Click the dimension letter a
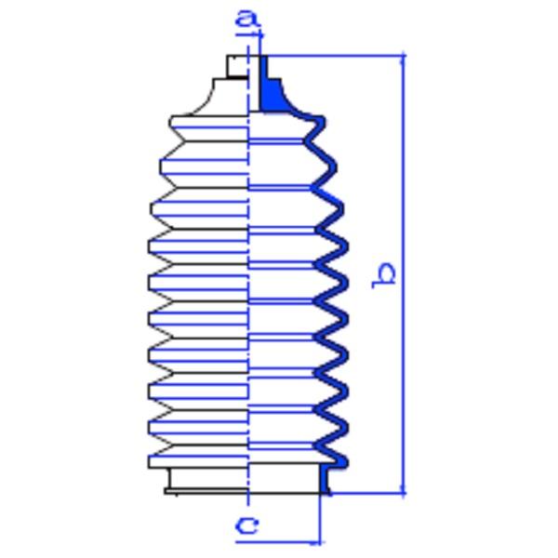246,18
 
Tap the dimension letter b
383,274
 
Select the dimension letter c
247,526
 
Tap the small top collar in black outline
237,66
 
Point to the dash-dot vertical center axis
249,279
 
